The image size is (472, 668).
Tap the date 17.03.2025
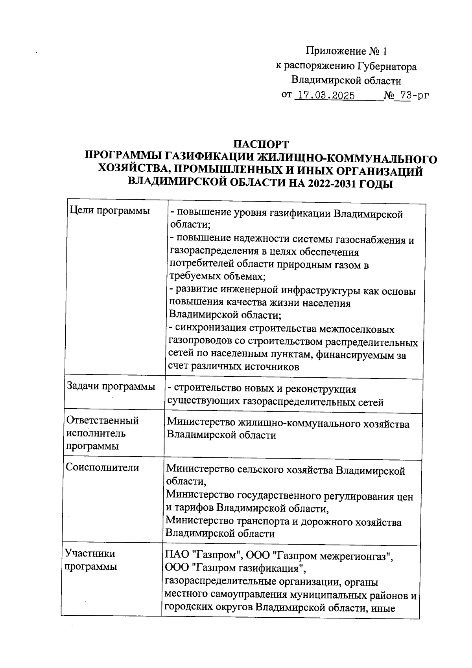[x=325, y=96]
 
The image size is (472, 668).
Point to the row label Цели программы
[x=110, y=211]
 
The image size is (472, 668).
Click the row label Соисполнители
[x=103, y=467]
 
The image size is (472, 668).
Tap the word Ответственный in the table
[x=103, y=420]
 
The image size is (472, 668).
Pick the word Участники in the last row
[x=90, y=553]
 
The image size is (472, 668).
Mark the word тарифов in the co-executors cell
[x=195, y=508]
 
